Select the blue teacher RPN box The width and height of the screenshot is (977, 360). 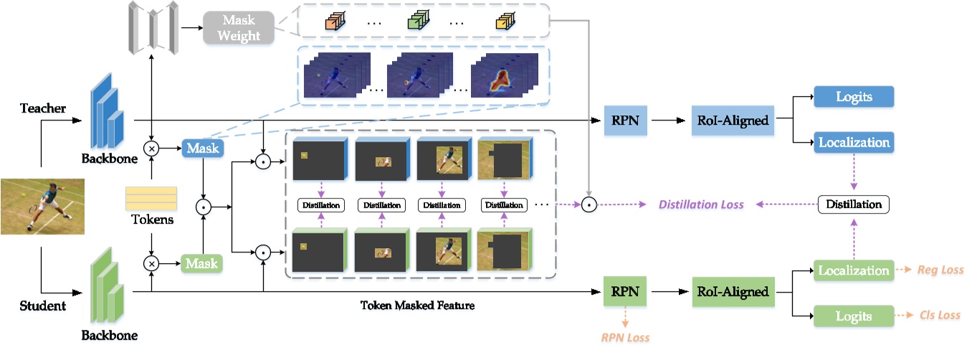618,120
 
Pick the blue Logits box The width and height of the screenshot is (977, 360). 853,98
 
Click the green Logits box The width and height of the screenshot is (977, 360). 853,316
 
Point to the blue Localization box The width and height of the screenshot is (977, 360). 853,142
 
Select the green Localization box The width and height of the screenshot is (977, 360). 853,270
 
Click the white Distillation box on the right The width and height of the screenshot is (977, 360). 853,204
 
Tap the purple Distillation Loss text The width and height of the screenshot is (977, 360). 700,204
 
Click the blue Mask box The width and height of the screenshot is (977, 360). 202,148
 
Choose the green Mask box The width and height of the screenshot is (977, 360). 202,263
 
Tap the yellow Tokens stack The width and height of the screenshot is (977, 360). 151,198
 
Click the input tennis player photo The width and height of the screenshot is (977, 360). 42,207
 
